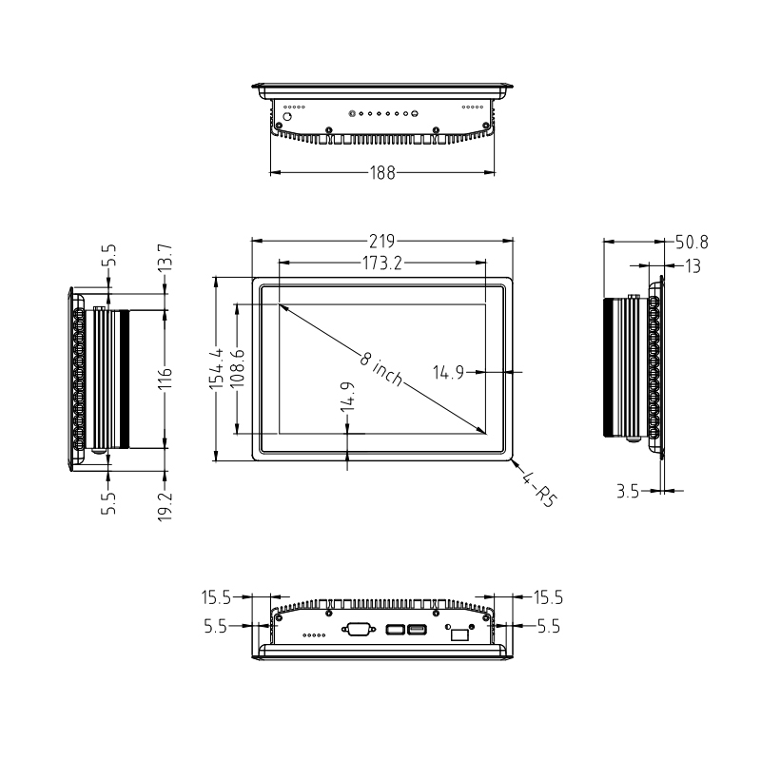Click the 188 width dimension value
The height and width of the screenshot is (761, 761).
[x=382, y=172]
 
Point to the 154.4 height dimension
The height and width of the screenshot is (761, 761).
[x=217, y=368]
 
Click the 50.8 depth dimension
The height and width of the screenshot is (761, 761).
[x=692, y=242]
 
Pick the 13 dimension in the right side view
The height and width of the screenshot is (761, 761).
[x=693, y=266]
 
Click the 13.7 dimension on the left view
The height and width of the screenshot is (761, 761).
[x=165, y=257]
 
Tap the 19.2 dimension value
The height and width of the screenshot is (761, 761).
[x=165, y=507]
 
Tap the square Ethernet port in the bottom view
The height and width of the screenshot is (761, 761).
[x=459, y=633]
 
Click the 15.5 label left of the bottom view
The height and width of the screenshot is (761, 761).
[x=218, y=598]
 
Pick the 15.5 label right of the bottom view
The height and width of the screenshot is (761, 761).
[x=547, y=598]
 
